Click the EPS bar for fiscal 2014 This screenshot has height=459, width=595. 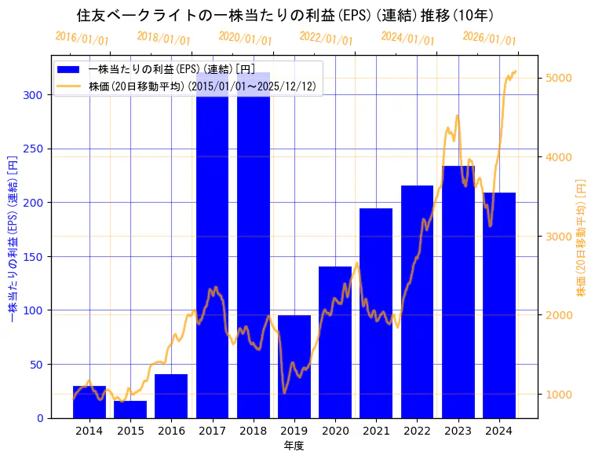pos(89,402)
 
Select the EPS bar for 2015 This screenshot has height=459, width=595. pos(130,409)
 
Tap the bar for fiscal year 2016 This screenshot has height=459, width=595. pos(171,396)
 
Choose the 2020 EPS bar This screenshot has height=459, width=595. pos(335,343)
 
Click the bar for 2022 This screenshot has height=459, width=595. pos(417,302)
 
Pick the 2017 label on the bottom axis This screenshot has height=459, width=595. pos(212,431)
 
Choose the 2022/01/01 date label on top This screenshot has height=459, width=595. pos(327,39)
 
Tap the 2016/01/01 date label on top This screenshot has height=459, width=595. pos(82,39)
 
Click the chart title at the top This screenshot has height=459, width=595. pos(285,15)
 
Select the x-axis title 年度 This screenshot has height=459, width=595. pos(294,446)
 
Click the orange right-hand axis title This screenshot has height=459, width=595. pos(582,237)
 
